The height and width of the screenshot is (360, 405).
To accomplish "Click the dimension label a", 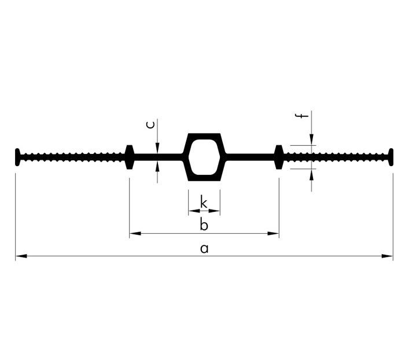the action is coord(204,249).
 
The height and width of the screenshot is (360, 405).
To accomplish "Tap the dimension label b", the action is coord(204,225).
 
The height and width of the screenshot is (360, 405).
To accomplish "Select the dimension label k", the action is coord(204,202).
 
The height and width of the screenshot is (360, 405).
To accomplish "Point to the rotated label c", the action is coord(150,124).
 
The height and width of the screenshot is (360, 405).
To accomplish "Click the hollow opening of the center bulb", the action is coord(204,157).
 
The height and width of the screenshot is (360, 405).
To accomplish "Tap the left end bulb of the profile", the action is coord(18,157).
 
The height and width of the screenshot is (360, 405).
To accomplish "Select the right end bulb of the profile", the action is coord(391,157).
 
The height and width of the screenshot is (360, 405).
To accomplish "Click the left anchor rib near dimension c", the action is coord(130,157).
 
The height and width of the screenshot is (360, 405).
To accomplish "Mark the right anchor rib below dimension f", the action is coord(279,157).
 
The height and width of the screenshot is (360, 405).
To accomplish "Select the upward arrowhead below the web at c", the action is coord(157,166).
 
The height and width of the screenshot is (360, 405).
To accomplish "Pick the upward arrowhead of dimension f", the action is coord(312,173).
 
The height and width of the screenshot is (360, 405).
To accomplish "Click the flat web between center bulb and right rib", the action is coord(249,157).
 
